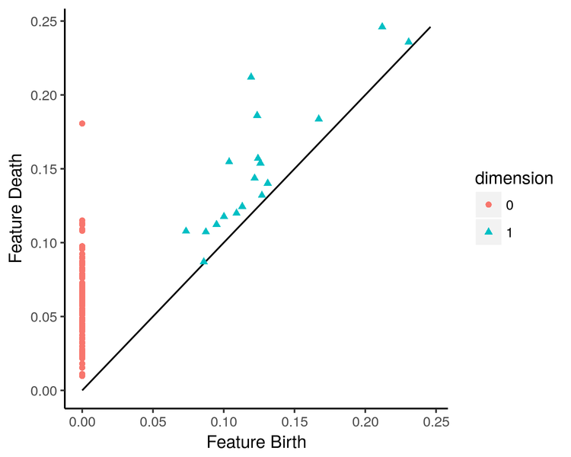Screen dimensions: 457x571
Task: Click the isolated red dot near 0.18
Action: pyautogui.click(x=82, y=123)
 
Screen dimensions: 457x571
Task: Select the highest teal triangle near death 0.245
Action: pyautogui.click(x=382, y=27)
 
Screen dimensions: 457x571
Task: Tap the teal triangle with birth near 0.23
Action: pyautogui.click(x=408, y=42)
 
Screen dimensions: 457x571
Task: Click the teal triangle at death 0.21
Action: pyautogui.click(x=251, y=77)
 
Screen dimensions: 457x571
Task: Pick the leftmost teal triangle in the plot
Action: pyautogui.click(x=186, y=230)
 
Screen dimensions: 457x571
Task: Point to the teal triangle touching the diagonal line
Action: pyautogui.click(x=203, y=261)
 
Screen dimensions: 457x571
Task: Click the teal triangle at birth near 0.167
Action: pyautogui.click(x=319, y=118)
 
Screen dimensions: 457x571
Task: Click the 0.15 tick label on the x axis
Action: pyautogui.click(x=295, y=420)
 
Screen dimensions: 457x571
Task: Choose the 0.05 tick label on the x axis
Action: pyautogui.click(x=153, y=420)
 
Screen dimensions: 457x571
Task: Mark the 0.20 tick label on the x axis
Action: pyautogui.click(x=365, y=420)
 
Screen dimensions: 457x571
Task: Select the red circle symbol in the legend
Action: pyautogui.click(x=488, y=205)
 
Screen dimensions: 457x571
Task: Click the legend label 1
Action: pyautogui.click(x=509, y=232)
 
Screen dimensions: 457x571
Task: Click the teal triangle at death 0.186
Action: pyautogui.click(x=257, y=115)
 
